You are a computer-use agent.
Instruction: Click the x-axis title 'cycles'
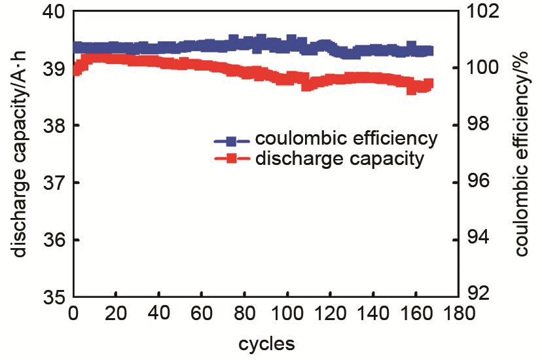click(266, 342)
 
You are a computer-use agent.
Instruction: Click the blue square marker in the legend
click(231, 141)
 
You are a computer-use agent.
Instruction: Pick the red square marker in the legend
click(231, 158)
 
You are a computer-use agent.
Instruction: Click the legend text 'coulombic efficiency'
click(346, 139)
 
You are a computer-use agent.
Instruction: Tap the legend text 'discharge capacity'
click(339, 158)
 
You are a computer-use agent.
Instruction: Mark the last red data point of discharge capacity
click(429, 84)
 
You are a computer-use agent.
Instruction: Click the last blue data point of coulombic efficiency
click(429, 50)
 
